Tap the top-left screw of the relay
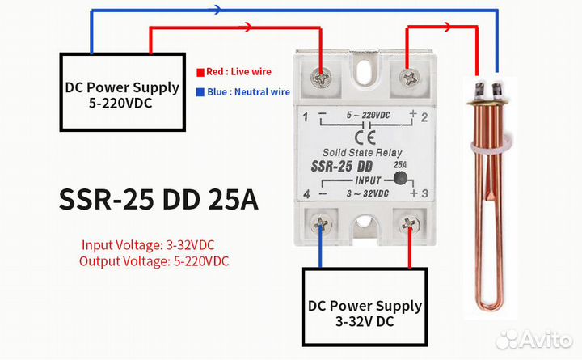(x=324, y=78)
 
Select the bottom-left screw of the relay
(x=324, y=223)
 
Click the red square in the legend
(x=200, y=72)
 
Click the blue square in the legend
(x=200, y=92)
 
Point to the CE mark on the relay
(x=365, y=135)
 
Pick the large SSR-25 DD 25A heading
(x=158, y=200)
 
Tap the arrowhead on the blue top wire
(x=218, y=11)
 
